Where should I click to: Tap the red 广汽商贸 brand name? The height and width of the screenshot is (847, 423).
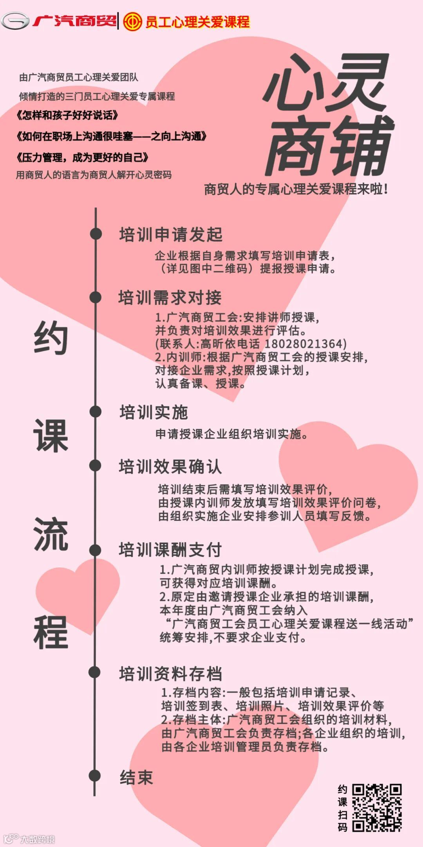tap(74, 20)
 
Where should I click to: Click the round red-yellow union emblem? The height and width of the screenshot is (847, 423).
tap(132, 21)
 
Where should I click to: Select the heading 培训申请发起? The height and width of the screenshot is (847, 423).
tap(171, 235)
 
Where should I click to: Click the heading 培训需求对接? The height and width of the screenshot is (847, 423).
tap(170, 298)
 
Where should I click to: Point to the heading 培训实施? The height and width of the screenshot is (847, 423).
tap(154, 412)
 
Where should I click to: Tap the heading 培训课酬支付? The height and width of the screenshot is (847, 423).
tap(170, 550)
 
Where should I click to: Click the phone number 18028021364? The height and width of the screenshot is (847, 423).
tap(305, 344)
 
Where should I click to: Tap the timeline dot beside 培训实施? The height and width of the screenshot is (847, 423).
tap(95, 412)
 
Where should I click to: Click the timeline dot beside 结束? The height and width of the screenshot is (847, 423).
tap(95, 775)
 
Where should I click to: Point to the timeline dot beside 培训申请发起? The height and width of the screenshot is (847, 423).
tap(96, 234)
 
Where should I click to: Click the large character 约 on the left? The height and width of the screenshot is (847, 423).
tap(51, 338)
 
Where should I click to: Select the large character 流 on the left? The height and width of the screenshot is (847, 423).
tap(51, 534)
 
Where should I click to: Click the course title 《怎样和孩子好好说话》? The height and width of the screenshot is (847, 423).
tap(67, 115)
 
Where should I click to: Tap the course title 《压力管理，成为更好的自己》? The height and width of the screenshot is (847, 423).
tap(82, 158)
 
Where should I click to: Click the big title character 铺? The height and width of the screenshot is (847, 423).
tap(360, 146)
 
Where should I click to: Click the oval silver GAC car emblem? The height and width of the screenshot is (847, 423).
tap(15, 21)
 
